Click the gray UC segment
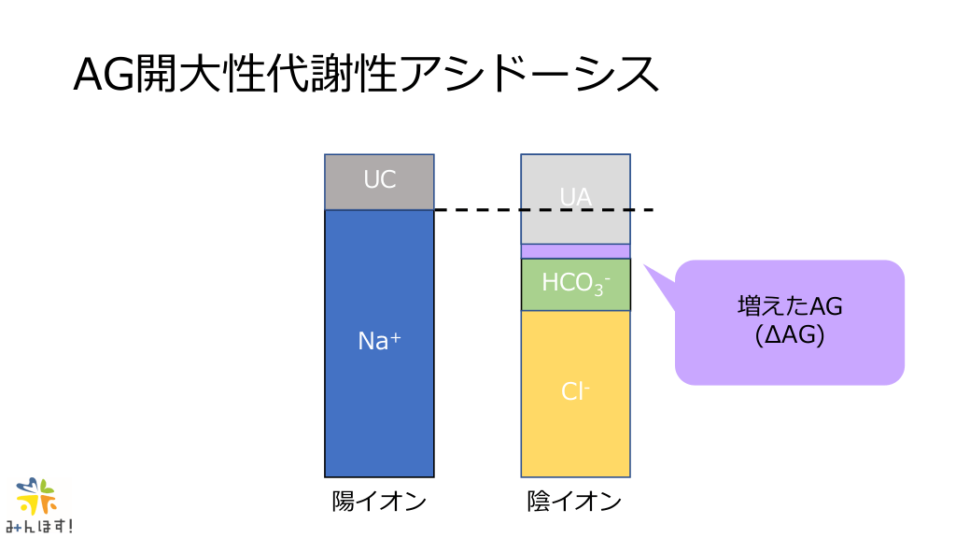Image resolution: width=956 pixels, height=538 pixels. click(379, 182)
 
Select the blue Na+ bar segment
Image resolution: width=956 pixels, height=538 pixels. click(379, 344)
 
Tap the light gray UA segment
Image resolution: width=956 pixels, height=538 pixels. click(575, 199)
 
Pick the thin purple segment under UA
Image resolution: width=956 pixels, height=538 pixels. click(575, 251)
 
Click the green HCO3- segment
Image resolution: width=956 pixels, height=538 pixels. click(575, 285)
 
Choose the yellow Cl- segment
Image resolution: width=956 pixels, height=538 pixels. click(575, 394)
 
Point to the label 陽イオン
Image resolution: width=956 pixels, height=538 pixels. click(379, 502)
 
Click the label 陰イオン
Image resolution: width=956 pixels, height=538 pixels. click(575, 502)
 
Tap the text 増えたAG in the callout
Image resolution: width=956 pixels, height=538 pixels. click(790, 306)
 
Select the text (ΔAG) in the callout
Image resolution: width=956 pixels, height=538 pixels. click(790, 335)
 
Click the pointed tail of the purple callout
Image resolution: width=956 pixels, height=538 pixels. click(645, 265)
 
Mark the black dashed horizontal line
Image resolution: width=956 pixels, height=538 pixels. click(544, 210)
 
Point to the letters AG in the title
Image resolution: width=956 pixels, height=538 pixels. click(104, 75)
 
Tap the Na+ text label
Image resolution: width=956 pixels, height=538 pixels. click(379, 340)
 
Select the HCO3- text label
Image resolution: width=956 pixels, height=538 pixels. click(575, 284)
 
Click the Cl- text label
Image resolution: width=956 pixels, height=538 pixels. click(575, 391)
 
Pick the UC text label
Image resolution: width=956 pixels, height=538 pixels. click(379, 179)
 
